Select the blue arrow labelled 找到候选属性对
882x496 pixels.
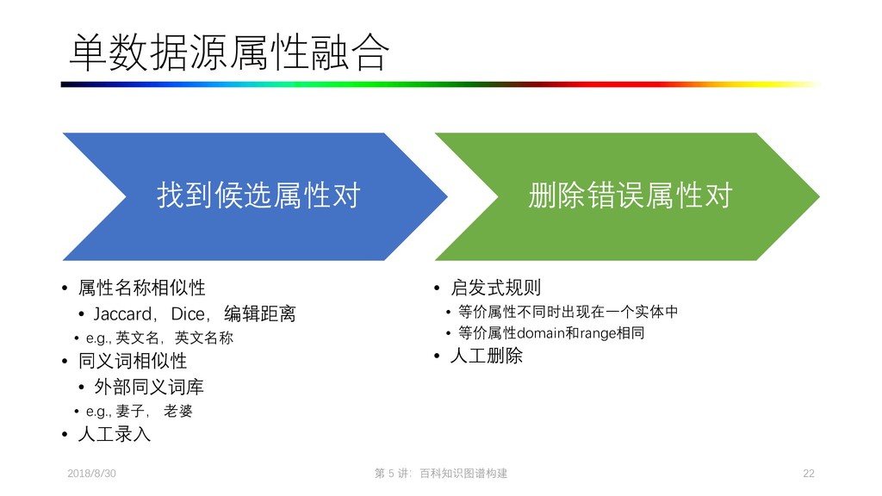[x=257, y=196]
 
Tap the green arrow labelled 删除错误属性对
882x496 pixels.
[x=629, y=196]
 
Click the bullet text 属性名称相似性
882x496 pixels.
[x=141, y=288]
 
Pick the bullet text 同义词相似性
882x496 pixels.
[x=132, y=361]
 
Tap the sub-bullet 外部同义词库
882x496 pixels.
[x=148, y=387]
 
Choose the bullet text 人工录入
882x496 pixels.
[x=114, y=434]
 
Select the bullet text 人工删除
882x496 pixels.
[x=486, y=355]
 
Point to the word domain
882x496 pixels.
[x=540, y=333]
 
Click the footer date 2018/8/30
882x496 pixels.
[x=91, y=474]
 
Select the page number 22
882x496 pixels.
[x=808, y=474]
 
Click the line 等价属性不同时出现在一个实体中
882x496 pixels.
[x=568, y=312]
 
